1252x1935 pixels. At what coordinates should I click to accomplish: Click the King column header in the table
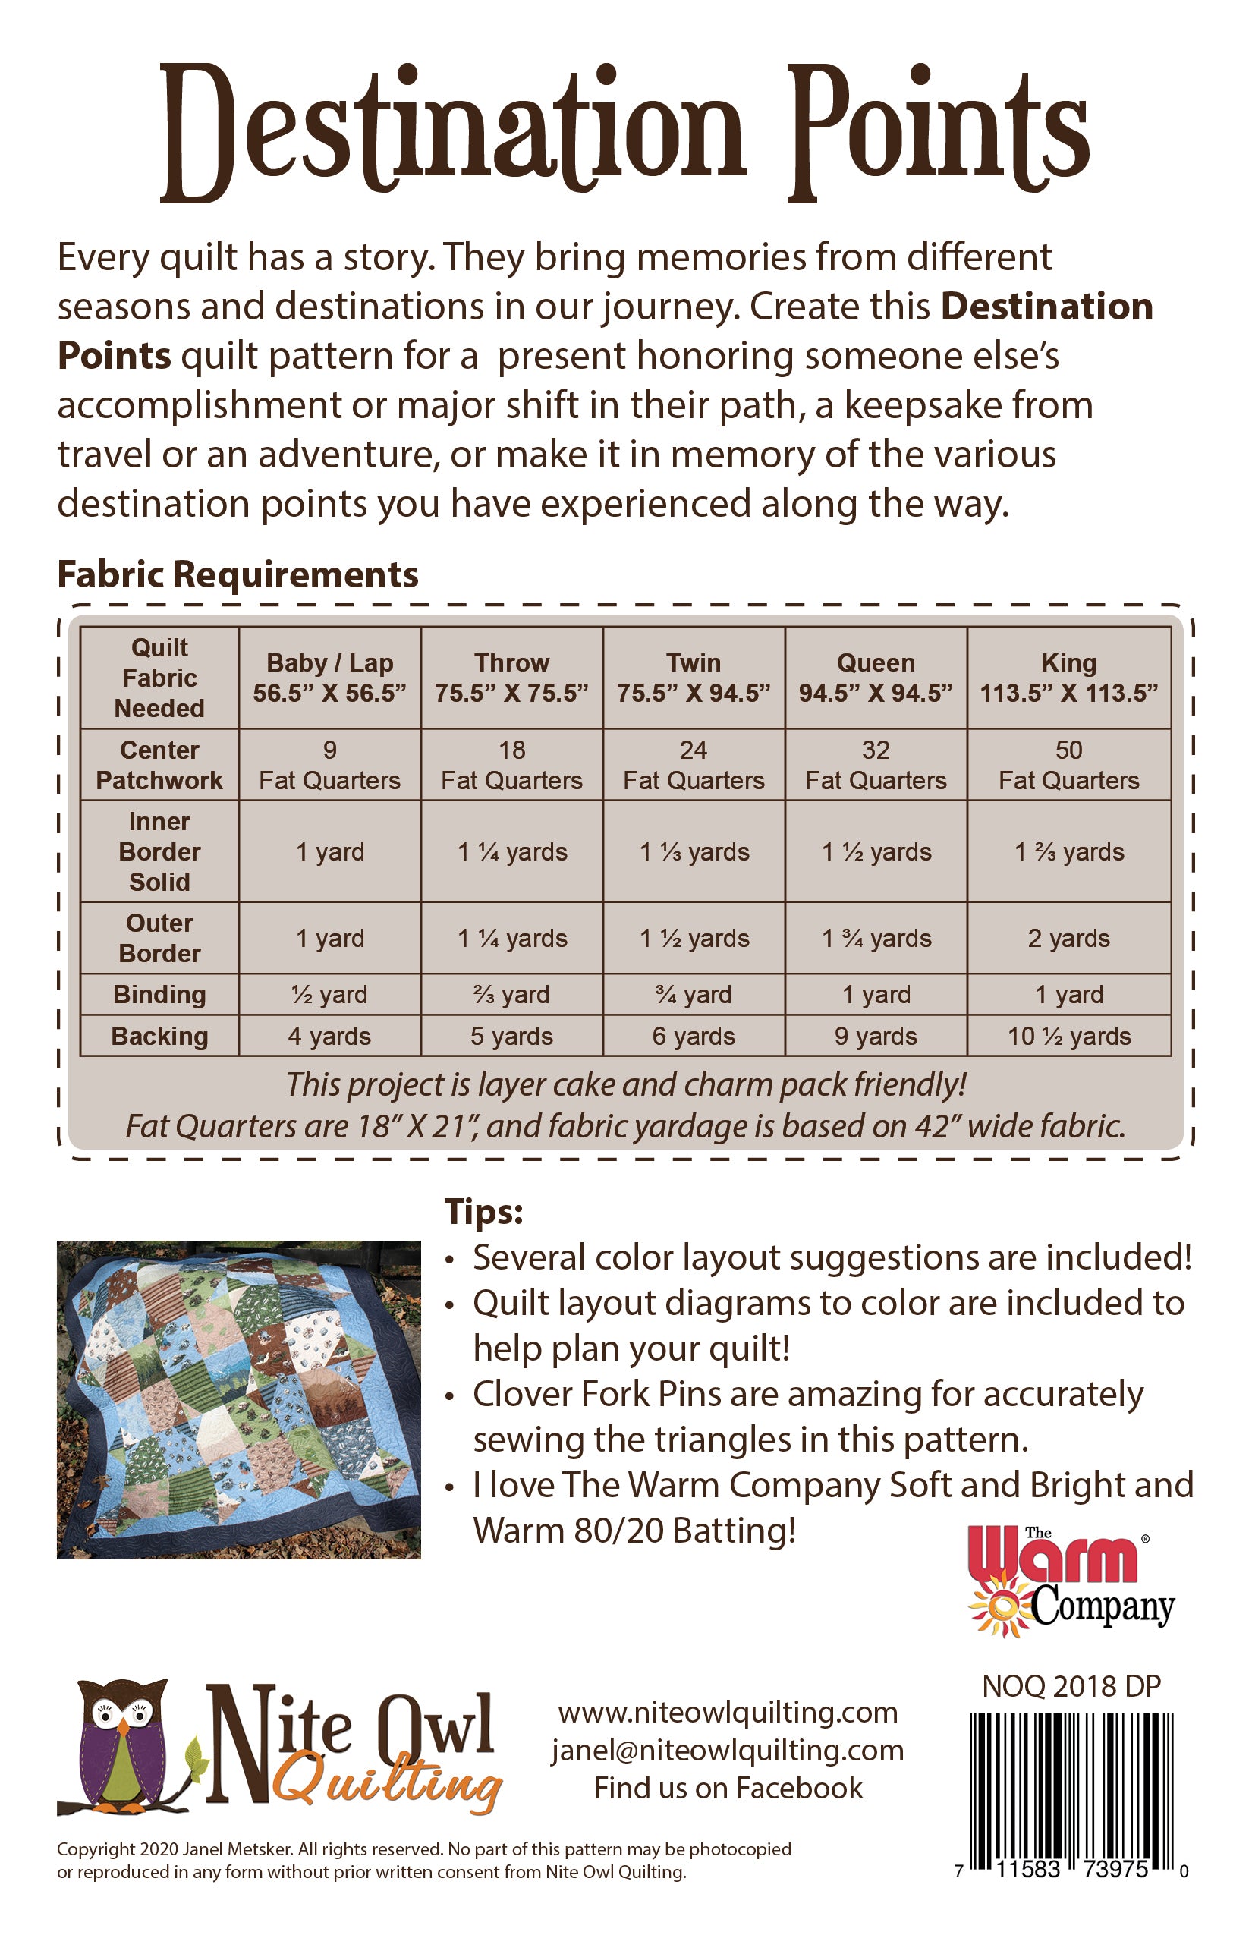pos(1068,677)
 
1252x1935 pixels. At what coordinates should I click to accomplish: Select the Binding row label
pos(159,994)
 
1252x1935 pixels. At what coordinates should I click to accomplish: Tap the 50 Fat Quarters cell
pos(1068,765)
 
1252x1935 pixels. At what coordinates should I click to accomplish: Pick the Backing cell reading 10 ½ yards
pos(1068,1036)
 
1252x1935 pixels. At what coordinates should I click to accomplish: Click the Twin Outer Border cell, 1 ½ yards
pos(694,938)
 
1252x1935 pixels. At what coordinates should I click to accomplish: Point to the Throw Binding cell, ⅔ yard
pos(511,994)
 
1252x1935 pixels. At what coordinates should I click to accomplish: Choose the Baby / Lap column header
pos(329,677)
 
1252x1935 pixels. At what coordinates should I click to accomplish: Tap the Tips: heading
pos(484,1211)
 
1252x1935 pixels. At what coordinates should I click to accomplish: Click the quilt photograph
pos(238,1399)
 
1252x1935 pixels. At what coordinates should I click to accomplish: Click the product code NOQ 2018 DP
pos(1071,1686)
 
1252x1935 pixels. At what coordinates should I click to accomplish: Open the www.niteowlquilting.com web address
pos(728,1712)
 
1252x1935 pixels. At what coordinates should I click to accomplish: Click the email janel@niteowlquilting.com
pos(728,1750)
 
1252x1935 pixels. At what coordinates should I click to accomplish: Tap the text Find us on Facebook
pos(728,1788)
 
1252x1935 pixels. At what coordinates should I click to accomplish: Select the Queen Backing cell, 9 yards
pos(876,1036)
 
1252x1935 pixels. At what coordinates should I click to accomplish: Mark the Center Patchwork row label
pos(159,765)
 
